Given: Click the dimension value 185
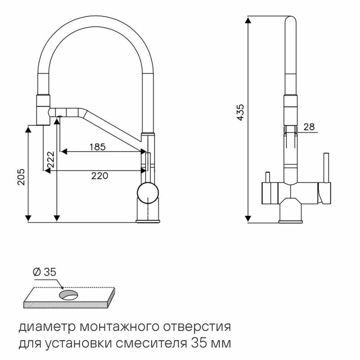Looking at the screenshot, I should pyautogui.click(x=97, y=147).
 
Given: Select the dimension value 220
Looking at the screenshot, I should pyautogui.click(x=99, y=176).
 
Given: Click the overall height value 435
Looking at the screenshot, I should pyautogui.click(x=240, y=112).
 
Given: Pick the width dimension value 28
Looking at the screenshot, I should pyautogui.click(x=309, y=127).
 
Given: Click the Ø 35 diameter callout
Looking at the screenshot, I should pyautogui.click(x=44, y=272).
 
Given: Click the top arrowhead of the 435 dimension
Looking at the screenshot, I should pyautogui.click(x=248, y=20).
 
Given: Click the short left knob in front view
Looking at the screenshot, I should pyautogui.click(x=267, y=177).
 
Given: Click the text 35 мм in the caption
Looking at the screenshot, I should pyautogui.click(x=212, y=344).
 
